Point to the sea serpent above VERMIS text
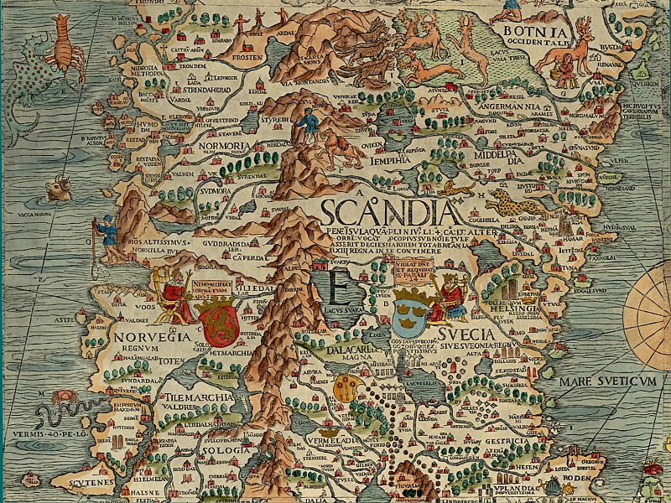(59, 416)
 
